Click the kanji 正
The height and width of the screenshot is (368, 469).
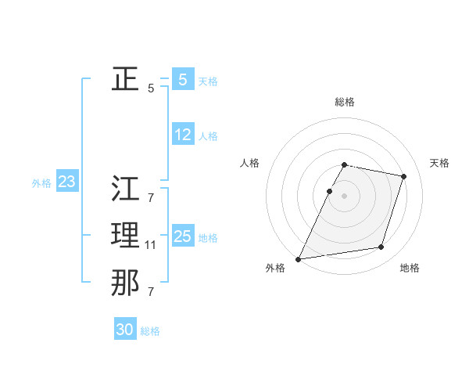pyautogui.click(x=125, y=79)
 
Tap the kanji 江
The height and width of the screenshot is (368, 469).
pyautogui.click(x=125, y=188)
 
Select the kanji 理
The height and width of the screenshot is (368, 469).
pyautogui.click(x=125, y=235)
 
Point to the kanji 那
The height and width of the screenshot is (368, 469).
pyautogui.click(x=125, y=283)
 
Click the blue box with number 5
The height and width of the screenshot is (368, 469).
pyautogui.click(x=182, y=79)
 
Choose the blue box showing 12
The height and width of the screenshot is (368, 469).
pyautogui.click(x=182, y=135)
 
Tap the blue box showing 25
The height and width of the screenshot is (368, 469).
pyautogui.click(x=182, y=236)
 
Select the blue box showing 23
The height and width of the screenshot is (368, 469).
pyautogui.click(x=66, y=182)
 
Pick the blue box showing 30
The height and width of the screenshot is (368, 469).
pyautogui.click(x=125, y=330)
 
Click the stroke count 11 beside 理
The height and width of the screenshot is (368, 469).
pyautogui.click(x=151, y=245)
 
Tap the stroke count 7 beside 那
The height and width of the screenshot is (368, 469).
pyautogui.click(x=151, y=292)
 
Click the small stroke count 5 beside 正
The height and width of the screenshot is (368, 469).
pyautogui.click(x=151, y=88)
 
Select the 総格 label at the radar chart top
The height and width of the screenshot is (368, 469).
pyautogui.click(x=345, y=102)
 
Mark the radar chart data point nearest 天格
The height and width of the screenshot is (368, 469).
pyautogui.click(x=403, y=176)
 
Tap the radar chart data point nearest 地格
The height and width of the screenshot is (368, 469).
pyautogui.click(x=381, y=247)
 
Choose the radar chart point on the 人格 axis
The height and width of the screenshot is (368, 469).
pyautogui.click(x=329, y=191)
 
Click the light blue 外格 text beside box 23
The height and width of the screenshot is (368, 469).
pyautogui.click(x=41, y=183)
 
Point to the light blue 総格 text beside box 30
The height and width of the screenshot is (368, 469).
pyautogui.click(x=150, y=330)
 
